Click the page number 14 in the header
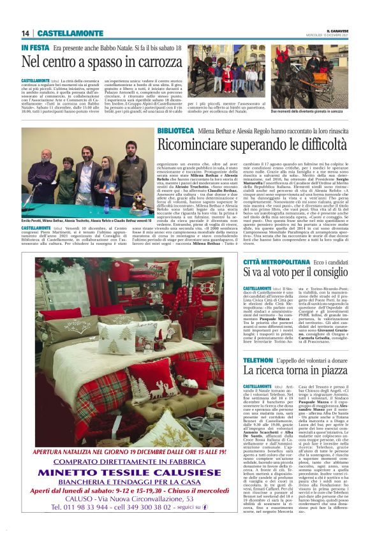pyautogui.click(x=26, y=33)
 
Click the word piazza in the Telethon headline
pyautogui.click(x=331, y=371)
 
